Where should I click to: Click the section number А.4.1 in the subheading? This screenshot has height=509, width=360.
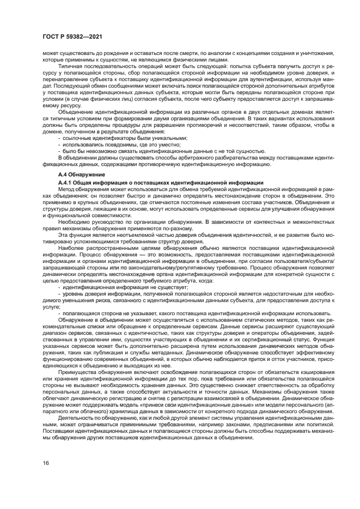(x=65, y=181)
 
